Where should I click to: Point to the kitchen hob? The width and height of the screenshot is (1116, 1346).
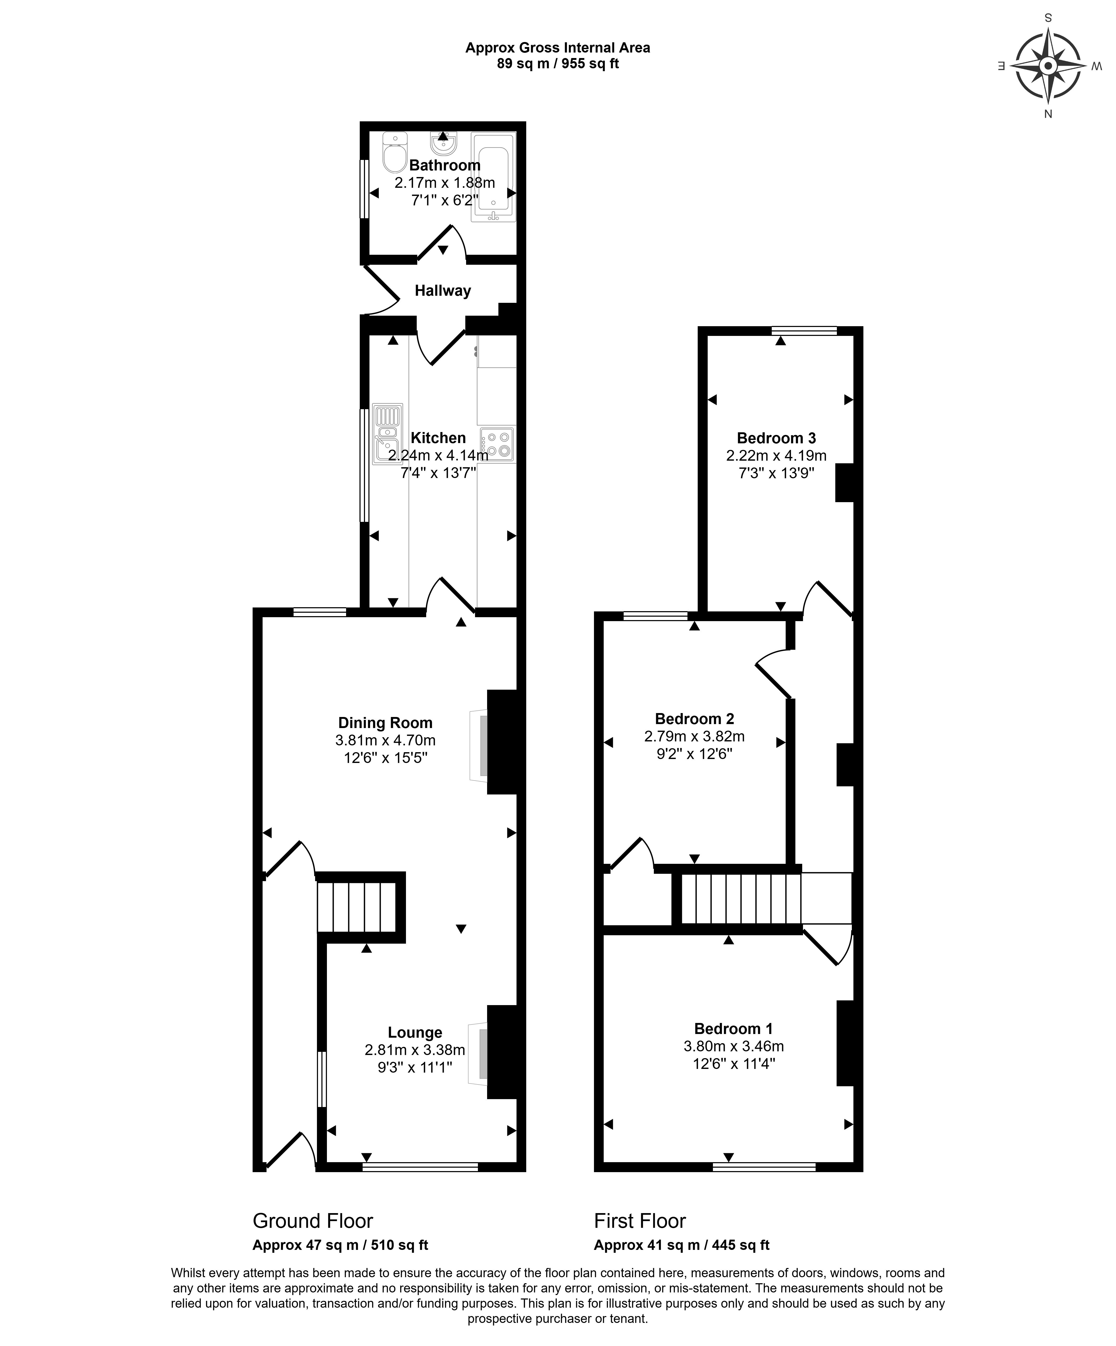[497, 444]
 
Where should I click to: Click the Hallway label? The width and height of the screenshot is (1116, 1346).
[442, 291]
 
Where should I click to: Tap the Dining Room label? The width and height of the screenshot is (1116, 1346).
[385, 723]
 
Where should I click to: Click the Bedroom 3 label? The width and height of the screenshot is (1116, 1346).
[776, 438]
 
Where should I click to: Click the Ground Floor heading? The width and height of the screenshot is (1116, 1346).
[313, 1221]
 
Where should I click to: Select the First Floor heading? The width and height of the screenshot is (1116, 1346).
[640, 1221]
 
